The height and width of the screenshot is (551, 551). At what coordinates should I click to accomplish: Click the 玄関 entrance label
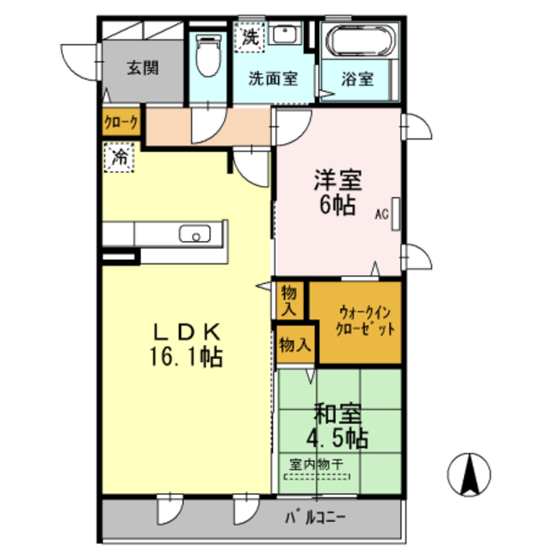[x=142, y=69]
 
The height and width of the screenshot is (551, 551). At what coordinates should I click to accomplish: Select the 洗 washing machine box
[x=250, y=37]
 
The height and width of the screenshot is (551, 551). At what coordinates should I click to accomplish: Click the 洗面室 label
[x=273, y=78]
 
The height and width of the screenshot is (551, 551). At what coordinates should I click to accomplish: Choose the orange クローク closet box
[x=121, y=122]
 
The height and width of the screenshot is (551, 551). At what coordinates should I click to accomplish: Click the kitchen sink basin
[x=195, y=233]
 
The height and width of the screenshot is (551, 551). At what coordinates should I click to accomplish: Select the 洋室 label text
[x=337, y=182]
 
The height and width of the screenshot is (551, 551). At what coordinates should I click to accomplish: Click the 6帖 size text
[x=337, y=207]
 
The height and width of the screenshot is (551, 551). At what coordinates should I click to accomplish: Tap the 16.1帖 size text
[x=189, y=357]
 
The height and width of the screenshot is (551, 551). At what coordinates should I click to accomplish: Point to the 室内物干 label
[x=316, y=465]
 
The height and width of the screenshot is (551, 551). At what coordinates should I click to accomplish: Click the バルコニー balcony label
[x=314, y=518]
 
